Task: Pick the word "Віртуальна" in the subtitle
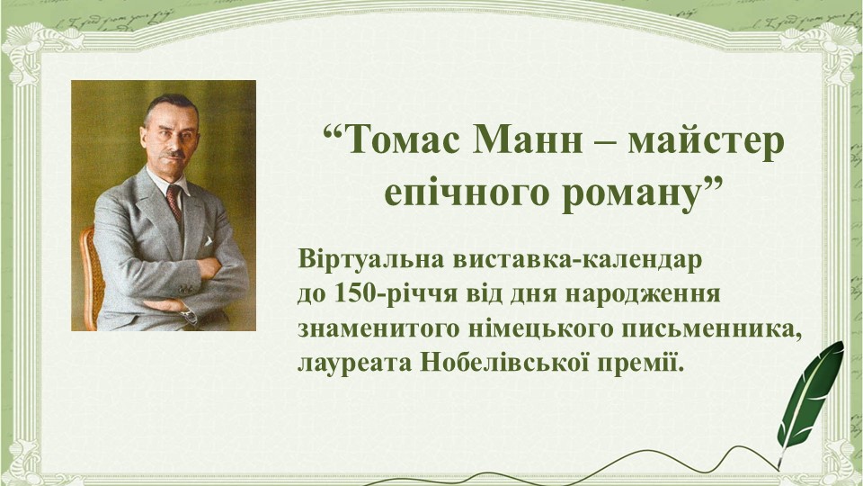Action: pos(370,258)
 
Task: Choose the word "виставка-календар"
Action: pos(577,258)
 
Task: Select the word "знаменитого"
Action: pos(379,329)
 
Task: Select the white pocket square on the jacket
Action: pos(208,241)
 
